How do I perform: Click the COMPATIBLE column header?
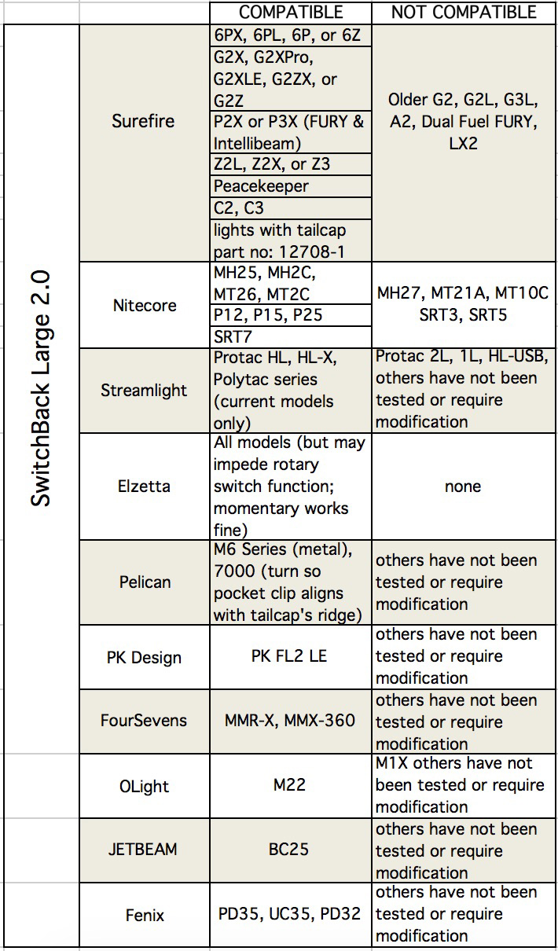tap(291, 13)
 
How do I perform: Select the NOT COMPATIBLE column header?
tap(464, 13)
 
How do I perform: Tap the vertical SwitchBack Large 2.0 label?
tap(41, 388)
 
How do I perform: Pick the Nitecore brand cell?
tap(145, 305)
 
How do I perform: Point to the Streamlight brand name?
tap(144, 390)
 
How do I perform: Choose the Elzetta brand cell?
tap(144, 487)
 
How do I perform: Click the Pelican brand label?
tap(145, 582)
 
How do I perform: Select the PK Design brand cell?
tap(144, 658)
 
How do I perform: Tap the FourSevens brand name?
tap(144, 721)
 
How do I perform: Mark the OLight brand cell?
tap(144, 786)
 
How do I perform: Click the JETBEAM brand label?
tap(143, 849)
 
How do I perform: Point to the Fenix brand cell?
tap(145, 915)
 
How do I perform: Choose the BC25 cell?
tap(288, 849)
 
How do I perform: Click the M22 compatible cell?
tap(289, 784)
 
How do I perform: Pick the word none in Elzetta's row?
tap(463, 487)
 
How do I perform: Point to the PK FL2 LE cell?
tap(289, 656)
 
